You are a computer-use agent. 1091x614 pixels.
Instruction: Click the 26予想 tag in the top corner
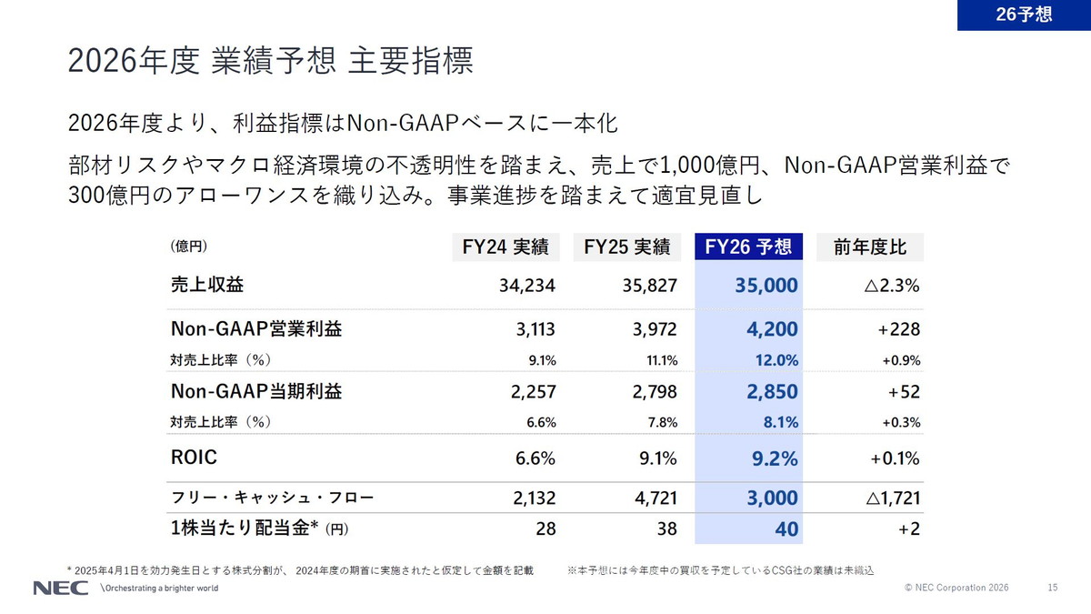[x=1024, y=15]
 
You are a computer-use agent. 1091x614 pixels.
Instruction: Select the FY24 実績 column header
[x=505, y=247]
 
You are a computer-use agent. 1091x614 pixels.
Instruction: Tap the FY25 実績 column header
[x=627, y=247]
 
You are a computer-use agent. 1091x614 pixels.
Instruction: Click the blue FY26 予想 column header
[x=748, y=247]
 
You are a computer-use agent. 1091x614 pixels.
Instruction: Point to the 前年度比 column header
[x=870, y=247]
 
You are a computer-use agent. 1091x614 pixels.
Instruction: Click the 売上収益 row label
[x=206, y=285]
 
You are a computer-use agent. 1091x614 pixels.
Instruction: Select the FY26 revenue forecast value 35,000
[x=766, y=286]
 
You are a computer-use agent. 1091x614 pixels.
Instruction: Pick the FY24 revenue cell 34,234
[x=526, y=286]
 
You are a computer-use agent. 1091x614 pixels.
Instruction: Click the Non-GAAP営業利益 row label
[x=256, y=329]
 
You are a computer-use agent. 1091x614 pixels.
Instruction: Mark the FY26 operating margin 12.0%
[x=776, y=360]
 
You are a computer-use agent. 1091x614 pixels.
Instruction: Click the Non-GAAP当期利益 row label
[x=256, y=392]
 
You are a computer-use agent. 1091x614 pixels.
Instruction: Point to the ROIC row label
[x=194, y=458]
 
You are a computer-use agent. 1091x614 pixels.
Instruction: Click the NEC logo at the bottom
[x=60, y=588]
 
